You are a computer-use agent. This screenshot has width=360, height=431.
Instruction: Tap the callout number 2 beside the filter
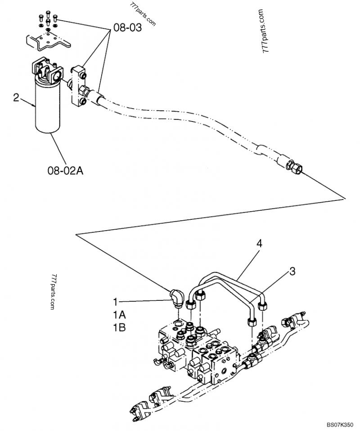16,97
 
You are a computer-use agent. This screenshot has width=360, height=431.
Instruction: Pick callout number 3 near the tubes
292,271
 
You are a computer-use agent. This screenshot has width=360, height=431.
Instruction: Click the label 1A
119,314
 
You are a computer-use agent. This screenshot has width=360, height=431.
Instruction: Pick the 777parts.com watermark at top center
143,14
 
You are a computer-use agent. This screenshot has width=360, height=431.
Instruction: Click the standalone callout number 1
116,300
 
